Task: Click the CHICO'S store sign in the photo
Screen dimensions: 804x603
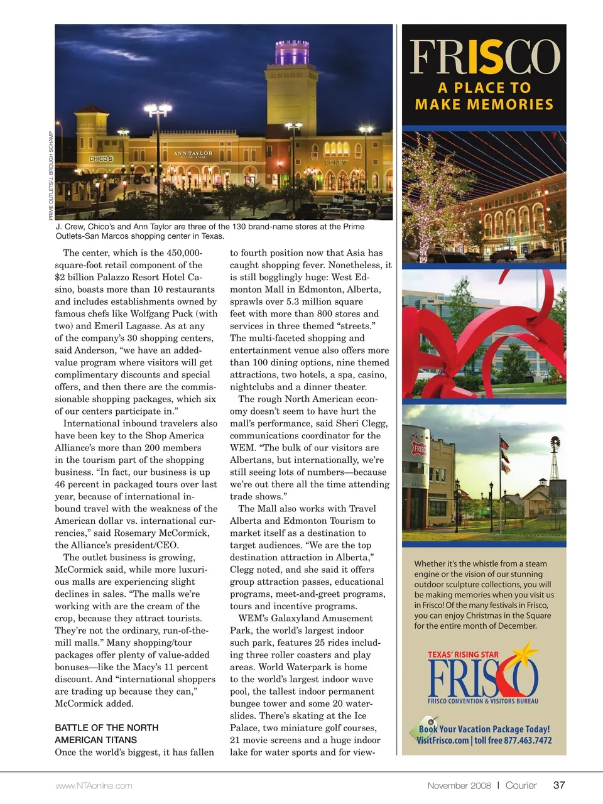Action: pyautogui.click(x=101, y=159)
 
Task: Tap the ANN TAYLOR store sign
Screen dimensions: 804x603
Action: pyautogui.click(x=193, y=153)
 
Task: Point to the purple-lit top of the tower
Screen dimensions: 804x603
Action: pyautogui.click(x=292, y=52)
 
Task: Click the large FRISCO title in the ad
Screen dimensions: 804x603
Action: pyautogui.click(x=484, y=57)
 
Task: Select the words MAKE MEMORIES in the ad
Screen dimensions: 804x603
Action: pyautogui.click(x=484, y=104)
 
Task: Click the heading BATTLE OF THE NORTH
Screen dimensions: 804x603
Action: pyautogui.click(x=107, y=727)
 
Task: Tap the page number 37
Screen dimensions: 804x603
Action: pyautogui.click(x=559, y=785)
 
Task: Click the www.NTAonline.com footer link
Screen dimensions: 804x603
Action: pyautogui.click(x=94, y=786)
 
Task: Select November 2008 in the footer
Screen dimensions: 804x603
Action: pyautogui.click(x=459, y=785)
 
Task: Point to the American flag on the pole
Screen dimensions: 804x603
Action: pyautogui.click(x=504, y=443)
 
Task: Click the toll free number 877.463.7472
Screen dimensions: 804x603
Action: pyautogui.click(x=527, y=741)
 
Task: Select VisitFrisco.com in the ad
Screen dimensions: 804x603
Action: pyautogui.click(x=443, y=741)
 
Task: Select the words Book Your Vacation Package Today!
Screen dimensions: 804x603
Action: pyautogui.click(x=484, y=729)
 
